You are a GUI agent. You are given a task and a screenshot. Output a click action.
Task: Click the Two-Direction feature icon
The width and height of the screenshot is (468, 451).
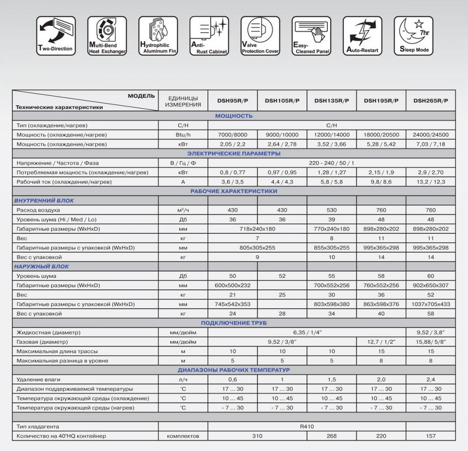(56, 36)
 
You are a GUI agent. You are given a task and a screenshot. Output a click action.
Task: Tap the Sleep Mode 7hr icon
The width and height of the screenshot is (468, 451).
(414, 36)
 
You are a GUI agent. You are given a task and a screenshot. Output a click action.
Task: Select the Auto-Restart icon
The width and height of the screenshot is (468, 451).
(363, 36)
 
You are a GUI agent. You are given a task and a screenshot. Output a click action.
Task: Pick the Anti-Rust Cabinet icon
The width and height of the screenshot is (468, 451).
(209, 36)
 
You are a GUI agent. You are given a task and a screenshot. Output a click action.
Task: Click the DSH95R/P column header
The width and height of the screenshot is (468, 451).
(233, 100)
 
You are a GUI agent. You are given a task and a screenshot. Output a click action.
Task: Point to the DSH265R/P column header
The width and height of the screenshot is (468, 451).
(431, 100)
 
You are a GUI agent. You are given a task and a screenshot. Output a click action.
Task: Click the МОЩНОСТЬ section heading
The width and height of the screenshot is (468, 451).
(234, 116)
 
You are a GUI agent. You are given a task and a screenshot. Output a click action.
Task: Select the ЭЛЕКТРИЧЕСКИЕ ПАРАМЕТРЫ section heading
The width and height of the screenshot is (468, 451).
(234, 154)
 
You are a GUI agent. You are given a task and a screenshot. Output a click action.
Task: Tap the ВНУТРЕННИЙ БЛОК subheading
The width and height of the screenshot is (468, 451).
(44, 200)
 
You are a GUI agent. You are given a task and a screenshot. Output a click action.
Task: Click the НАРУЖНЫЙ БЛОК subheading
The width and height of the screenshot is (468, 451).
(42, 266)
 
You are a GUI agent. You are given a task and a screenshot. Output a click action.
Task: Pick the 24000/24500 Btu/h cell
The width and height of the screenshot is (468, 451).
(431, 135)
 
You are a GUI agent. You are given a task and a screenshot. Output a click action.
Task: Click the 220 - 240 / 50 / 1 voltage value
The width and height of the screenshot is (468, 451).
(331, 163)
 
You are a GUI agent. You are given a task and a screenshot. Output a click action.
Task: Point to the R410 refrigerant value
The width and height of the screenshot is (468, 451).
(307, 427)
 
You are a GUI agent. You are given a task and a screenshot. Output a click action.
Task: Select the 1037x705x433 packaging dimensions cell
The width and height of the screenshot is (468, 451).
(431, 304)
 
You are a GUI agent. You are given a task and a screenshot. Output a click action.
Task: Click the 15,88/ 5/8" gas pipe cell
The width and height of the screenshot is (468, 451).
(431, 342)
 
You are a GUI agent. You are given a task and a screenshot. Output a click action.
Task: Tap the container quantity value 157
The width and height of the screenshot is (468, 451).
(431, 436)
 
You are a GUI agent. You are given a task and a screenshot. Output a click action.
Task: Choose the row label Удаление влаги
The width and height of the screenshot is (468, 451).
(38, 379)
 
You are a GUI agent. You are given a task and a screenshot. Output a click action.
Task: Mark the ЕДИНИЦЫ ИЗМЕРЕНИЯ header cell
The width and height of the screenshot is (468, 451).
(183, 100)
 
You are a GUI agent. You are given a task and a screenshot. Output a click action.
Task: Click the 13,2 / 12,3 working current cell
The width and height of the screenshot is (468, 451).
(431, 182)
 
